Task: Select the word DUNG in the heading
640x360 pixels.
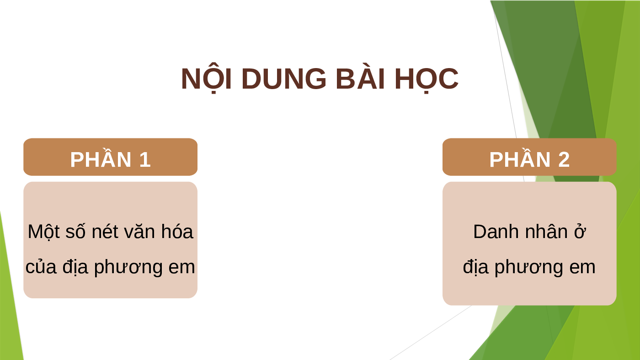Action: pos(284,79)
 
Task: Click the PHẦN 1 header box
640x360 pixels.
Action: pos(110,157)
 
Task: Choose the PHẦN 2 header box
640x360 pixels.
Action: pos(529,157)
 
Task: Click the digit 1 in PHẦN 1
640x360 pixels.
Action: pos(145,159)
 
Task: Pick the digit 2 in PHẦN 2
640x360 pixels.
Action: pos(564,159)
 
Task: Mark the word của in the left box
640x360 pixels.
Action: pos(41,266)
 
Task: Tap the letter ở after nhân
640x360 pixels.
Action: pos(580,232)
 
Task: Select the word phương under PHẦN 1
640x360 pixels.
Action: pos(128,268)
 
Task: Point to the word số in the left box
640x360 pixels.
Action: pos(76,232)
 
